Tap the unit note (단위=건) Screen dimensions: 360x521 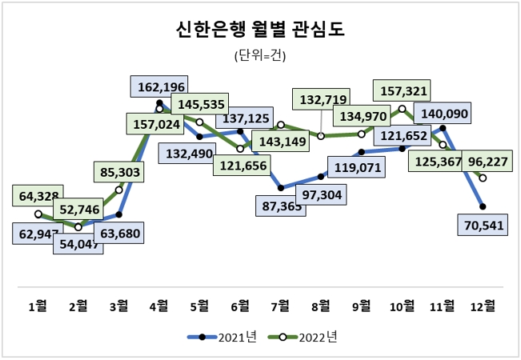point(259,56)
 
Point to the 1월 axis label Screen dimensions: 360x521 point(38,305)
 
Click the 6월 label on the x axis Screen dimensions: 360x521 point(240,305)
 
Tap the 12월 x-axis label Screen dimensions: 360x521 point(483,305)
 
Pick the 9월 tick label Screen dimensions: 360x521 point(362,305)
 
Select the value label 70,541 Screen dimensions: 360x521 point(483,226)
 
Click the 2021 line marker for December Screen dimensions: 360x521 point(483,206)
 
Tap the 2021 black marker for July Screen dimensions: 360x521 point(281,189)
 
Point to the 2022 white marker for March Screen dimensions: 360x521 point(118,190)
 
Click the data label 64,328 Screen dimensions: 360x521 point(38,196)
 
